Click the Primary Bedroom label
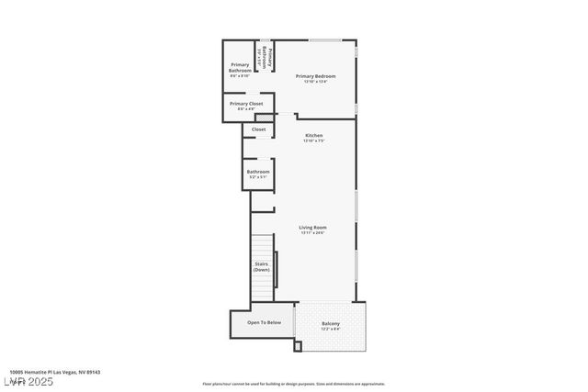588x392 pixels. tap(314, 75)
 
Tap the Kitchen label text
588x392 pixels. tap(314, 135)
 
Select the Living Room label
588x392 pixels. tap(313, 227)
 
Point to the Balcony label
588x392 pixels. tap(331, 323)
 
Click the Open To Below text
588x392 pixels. tap(264, 322)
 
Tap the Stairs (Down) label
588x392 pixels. tap(262, 267)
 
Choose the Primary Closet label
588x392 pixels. tap(246, 104)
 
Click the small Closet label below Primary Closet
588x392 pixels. tap(258, 129)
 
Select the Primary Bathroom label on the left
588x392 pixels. tap(241, 67)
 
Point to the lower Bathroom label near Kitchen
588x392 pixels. tap(258, 172)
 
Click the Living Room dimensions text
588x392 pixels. tap(313, 233)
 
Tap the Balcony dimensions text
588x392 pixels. tap(331, 329)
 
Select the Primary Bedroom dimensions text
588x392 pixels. tap(314, 82)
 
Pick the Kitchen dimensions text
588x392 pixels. tap(314, 140)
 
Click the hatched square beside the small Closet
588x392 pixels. tap(263, 118)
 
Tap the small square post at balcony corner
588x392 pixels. tap(297, 346)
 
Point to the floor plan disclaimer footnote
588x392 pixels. tap(294, 384)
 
